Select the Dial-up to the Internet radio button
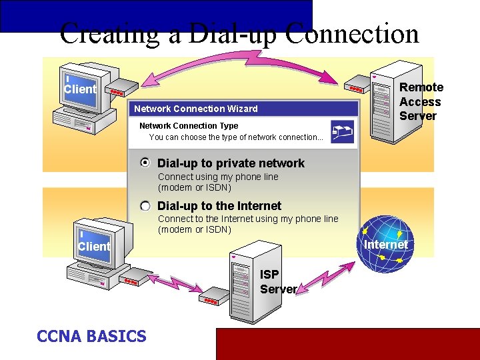coord(145,206)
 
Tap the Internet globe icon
coord(385,243)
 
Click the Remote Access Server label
coord(421,101)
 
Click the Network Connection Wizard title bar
coord(243,109)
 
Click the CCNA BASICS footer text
coord(91,336)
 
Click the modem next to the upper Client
coord(118,92)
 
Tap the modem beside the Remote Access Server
coord(355,87)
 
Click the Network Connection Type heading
coord(189,126)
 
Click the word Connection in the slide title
coord(355,34)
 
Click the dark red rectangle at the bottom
coord(347,343)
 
